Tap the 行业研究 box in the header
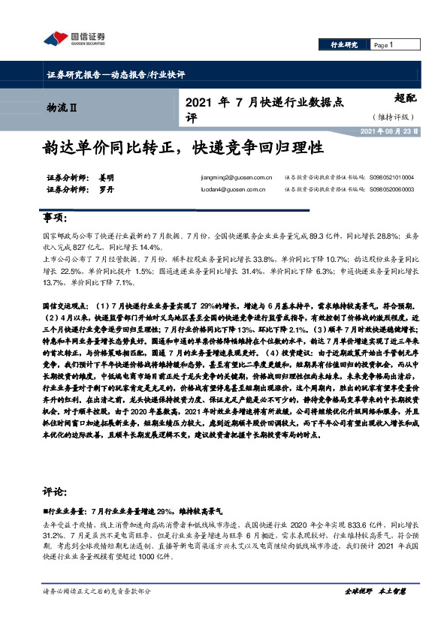344,45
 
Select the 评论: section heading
56,493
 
